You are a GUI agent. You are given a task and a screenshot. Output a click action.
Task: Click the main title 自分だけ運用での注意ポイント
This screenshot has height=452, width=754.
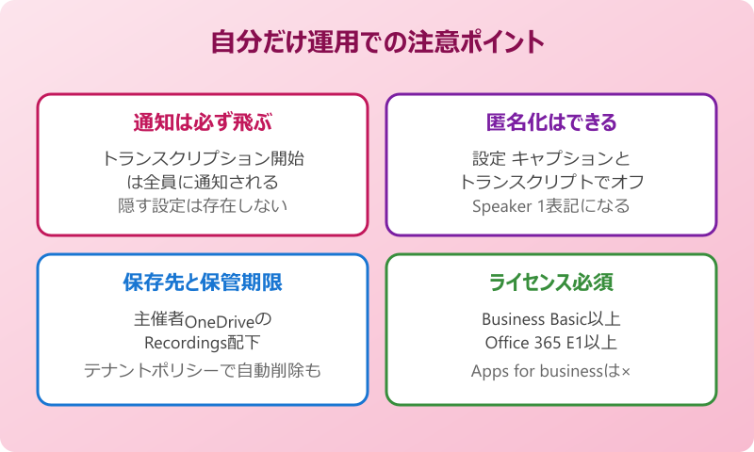tap(377, 42)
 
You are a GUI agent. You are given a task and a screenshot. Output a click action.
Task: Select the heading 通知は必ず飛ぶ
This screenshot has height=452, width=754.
tap(202, 121)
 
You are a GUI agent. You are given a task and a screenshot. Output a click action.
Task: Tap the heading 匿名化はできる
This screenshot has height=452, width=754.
tap(551, 121)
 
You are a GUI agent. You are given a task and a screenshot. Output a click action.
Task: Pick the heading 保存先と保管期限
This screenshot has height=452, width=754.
tap(202, 282)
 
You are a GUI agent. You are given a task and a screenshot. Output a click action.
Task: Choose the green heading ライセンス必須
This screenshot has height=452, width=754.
tap(551, 282)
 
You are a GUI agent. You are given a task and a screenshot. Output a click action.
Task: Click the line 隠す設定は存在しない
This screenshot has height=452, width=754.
tap(202, 204)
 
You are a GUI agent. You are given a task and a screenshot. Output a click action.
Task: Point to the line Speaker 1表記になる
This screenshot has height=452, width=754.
tap(551, 204)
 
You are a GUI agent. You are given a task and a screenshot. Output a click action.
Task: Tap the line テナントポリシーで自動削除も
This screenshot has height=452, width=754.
tap(202, 370)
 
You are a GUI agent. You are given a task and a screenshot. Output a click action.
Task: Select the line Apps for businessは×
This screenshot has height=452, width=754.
tap(551, 371)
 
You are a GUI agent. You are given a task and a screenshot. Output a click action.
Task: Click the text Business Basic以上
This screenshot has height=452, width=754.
tap(551, 318)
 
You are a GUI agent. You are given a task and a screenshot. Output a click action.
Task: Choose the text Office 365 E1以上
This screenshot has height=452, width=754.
tap(551, 342)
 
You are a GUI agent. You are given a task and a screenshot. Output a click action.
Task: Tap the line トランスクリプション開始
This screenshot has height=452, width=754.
tap(202, 158)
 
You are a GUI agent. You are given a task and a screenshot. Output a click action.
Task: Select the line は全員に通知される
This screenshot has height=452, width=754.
tap(202, 181)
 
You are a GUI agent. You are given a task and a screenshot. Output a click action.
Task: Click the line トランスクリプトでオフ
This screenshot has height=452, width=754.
tap(551, 181)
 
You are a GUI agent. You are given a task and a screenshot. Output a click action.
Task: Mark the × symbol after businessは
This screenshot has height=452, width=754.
tap(625, 372)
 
